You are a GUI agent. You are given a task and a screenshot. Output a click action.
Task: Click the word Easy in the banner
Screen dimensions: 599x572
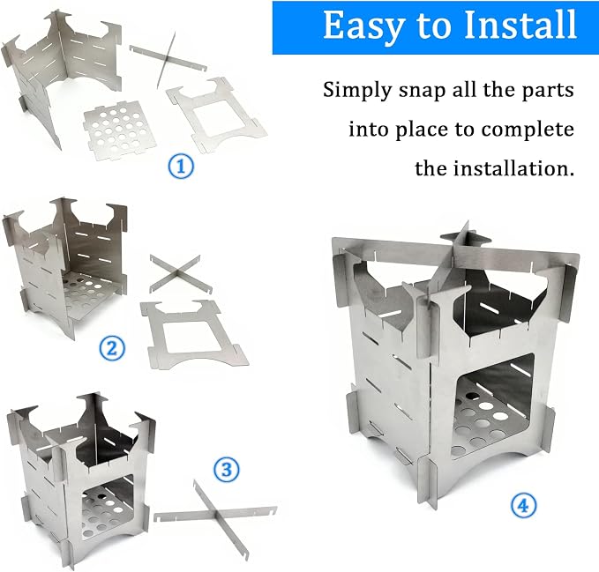pyautogui.click(x=363, y=26)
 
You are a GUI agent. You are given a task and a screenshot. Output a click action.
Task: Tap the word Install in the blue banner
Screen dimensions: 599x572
pyautogui.click(x=520, y=25)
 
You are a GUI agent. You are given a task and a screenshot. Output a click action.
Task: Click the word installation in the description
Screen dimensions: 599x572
pyautogui.click(x=513, y=168)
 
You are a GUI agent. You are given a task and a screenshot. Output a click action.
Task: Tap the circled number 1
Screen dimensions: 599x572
pyautogui.click(x=181, y=166)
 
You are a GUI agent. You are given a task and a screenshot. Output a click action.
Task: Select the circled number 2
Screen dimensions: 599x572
pyautogui.click(x=112, y=348)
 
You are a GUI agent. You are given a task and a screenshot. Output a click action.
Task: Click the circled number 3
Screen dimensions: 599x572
pyautogui.click(x=227, y=469)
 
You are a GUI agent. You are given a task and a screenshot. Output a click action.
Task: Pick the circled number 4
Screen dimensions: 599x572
pyautogui.click(x=524, y=506)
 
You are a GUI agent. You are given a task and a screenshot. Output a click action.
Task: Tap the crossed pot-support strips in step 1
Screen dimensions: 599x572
pyautogui.click(x=168, y=59)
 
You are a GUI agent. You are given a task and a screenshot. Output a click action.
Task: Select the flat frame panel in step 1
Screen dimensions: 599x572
pyautogui.click(x=216, y=115)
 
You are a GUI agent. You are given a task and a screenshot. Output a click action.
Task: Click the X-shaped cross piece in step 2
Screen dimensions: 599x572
pyautogui.click(x=181, y=273)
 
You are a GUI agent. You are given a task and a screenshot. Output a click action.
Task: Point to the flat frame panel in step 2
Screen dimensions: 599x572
pyautogui.click(x=194, y=334)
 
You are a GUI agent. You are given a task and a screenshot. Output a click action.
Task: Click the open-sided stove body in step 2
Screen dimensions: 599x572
pyautogui.click(x=64, y=267)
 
